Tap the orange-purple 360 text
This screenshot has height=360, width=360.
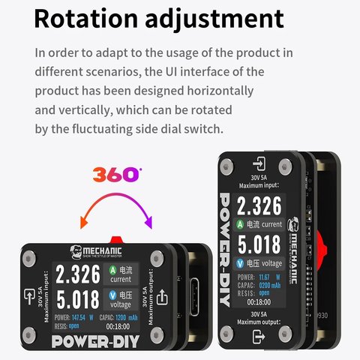point(116,174)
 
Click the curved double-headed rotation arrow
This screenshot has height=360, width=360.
point(116,206)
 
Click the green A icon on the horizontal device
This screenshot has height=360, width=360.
point(113,268)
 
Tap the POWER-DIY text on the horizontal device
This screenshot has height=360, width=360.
point(94,342)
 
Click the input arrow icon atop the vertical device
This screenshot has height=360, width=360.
point(259,164)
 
